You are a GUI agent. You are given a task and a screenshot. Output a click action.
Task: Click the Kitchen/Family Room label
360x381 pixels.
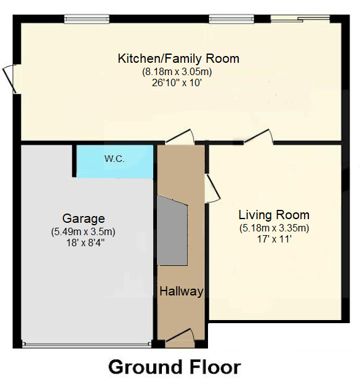pos(178,59)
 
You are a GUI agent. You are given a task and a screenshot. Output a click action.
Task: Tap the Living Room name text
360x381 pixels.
pos(274,215)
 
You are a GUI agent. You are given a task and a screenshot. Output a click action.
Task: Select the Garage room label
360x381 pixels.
pos(84,219)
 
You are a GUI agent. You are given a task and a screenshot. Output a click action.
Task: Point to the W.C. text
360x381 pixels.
pos(114,159)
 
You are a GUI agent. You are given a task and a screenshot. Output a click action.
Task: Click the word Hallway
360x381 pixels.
pos(182,291)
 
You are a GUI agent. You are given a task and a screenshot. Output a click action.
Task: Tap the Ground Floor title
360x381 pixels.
pos(174,367)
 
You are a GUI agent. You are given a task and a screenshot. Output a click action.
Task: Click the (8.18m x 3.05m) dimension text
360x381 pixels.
pos(178,71)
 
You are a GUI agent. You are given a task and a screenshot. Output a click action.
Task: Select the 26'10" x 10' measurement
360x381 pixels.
pos(177,82)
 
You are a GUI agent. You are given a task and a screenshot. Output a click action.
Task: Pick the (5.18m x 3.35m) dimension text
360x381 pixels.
pos(274,228)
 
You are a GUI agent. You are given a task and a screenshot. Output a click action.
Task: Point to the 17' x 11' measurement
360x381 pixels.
pos(274,239)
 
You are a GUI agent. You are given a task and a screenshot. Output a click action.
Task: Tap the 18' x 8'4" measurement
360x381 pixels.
pos(84,243)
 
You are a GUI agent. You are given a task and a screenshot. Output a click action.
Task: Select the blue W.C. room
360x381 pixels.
pos(114,162)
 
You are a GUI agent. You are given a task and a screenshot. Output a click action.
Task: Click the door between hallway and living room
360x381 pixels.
pos(211,187)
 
